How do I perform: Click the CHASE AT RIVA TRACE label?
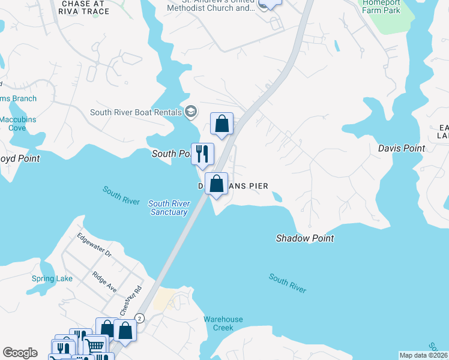click(85, 7)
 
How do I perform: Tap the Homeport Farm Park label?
click(381, 6)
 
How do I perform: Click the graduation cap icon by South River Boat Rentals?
click(191, 111)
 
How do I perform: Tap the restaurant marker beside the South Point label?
click(202, 154)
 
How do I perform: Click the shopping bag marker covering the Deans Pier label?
click(217, 184)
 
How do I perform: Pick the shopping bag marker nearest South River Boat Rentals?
click(221, 124)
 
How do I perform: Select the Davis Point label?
click(401, 148)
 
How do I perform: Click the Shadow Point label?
click(304, 238)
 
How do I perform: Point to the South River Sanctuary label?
click(169, 208)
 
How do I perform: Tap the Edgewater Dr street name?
click(94, 245)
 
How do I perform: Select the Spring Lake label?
click(52, 278)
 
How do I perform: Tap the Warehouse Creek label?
click(223, 323)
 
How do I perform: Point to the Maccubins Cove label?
click(17, 124)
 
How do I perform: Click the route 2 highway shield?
click(140, 317)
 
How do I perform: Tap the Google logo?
click(20, 353)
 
